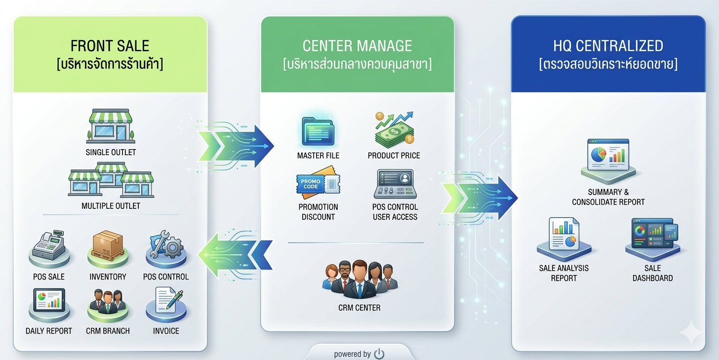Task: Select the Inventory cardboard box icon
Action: click(107, 246)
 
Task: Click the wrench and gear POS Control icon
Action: click(165, 245)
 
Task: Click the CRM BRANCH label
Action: click(108, 331)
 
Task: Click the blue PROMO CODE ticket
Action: click(312, 184)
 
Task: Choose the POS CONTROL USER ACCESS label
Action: click(395, 212)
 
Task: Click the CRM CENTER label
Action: click(359, 308)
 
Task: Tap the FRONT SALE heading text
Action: click(110, 46)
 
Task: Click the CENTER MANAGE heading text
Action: click(357, 46)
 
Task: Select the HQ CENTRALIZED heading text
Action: click(608, 46)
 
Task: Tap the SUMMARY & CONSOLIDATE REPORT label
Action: click(608, 197)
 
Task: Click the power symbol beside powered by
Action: click(379, 354)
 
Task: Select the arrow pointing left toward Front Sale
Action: click(235, 255)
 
